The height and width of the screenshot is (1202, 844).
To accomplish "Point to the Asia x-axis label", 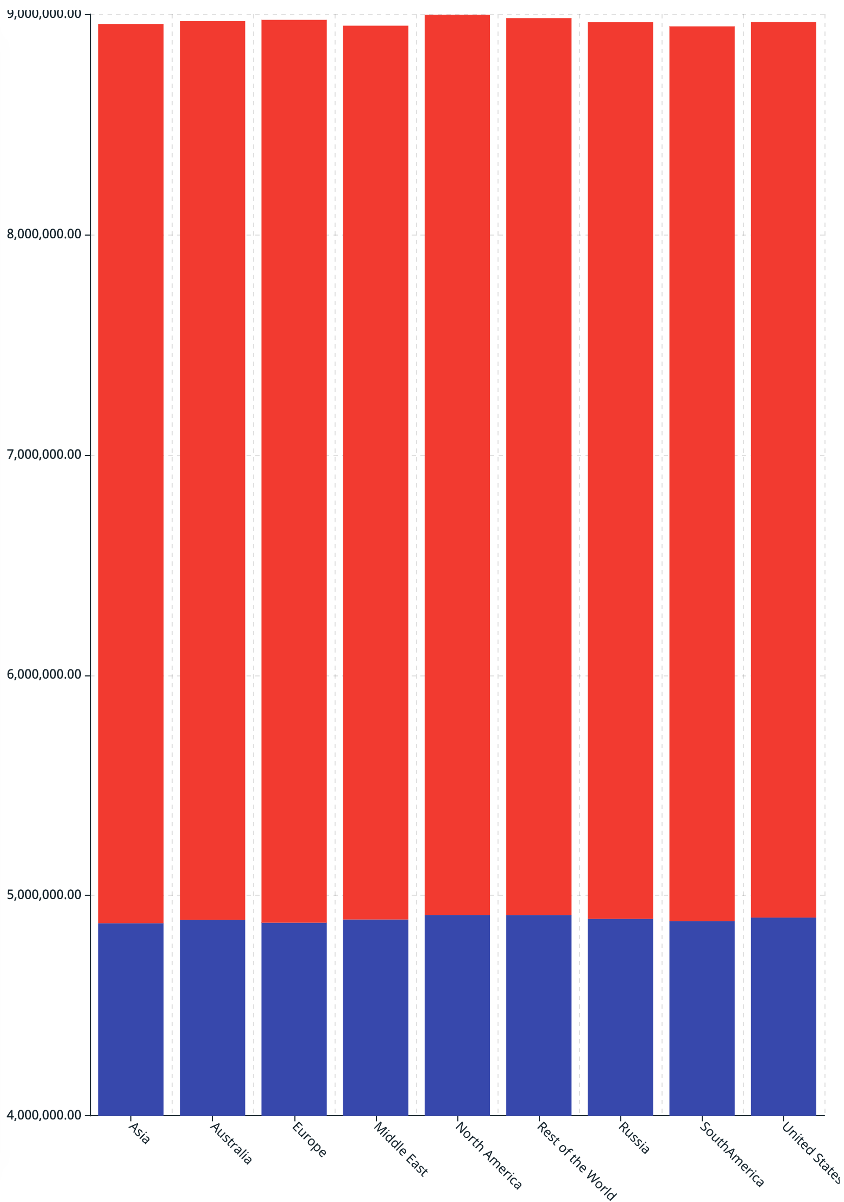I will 139,1134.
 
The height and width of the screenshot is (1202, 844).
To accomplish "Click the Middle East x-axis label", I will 401,1149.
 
